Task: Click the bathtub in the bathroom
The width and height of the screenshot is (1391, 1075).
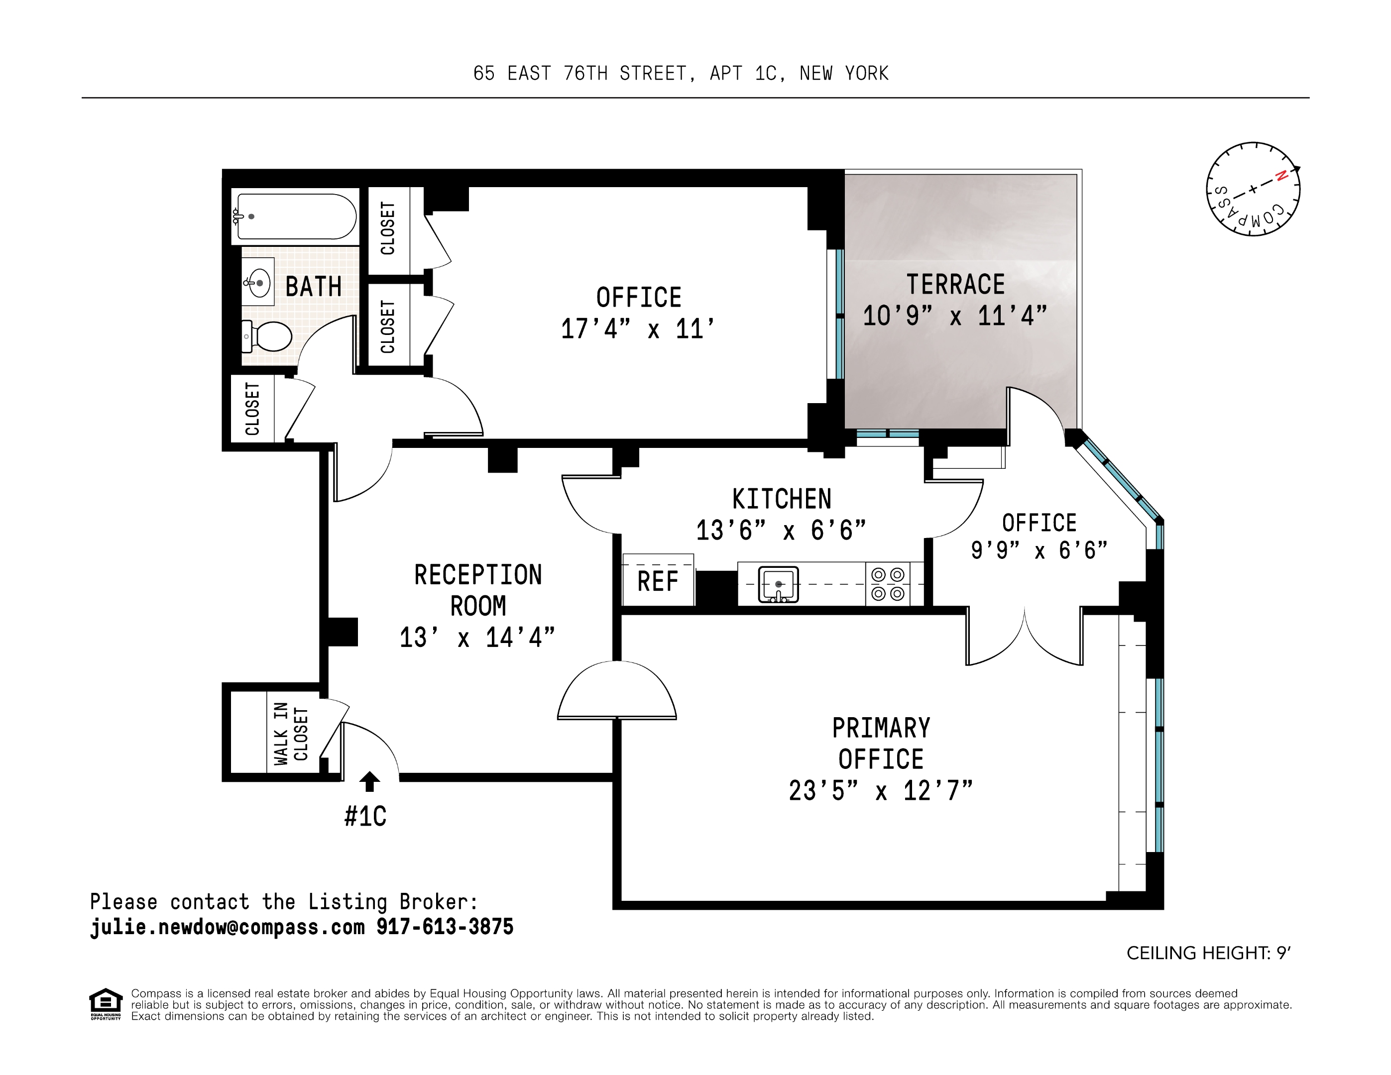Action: click(x=296, y=216)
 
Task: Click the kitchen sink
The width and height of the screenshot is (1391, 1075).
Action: click(x=778, y=583)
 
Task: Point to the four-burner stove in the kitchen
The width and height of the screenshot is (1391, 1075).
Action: click(x=888, y=584)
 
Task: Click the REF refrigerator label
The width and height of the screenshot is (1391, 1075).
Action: click(x=658, y=581)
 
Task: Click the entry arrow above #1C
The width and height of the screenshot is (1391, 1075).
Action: click(x=369, y=781)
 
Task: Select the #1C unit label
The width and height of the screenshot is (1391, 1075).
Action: click(x=365, y=816)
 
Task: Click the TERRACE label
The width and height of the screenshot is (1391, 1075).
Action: click(x=955, y=285)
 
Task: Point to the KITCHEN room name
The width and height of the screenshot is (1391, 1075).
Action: click(x=782, y=499)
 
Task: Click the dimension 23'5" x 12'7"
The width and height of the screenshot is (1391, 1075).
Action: click(x=881, y=791)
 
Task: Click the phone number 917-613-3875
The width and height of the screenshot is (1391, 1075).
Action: click(x=445, y=927)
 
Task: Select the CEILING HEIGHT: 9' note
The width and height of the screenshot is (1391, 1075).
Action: click(x=1208, y=954)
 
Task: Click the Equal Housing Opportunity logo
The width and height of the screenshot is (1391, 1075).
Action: click(x=106, y=1004)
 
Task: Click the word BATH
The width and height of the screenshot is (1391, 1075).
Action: click(x=313, y=287)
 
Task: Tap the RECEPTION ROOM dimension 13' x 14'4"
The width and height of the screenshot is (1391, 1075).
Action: click(x=477, y=638)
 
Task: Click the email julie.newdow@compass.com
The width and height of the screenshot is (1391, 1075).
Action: click(x=228, y=927)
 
